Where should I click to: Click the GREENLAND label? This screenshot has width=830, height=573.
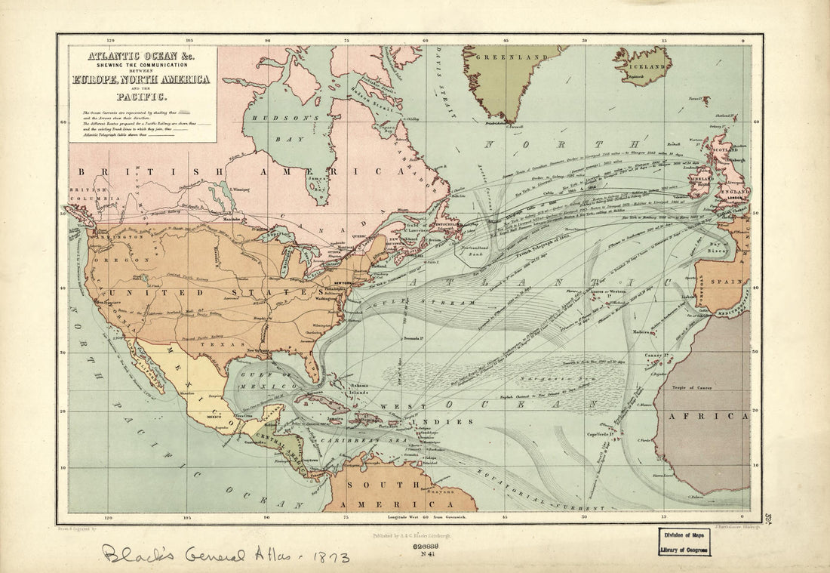(515, 57)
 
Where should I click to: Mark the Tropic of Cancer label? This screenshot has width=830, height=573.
(693, 387)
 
